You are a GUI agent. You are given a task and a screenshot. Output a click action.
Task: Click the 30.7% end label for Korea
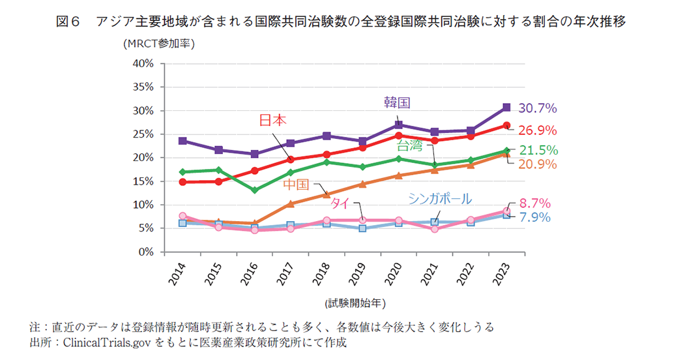(x=538, y=108)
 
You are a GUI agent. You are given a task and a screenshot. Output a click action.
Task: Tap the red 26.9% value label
(x=538, y=130)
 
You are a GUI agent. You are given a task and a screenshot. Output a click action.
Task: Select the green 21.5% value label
(x=538, y=150)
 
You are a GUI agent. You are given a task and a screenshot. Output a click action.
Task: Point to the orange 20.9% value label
(x=538, y=164)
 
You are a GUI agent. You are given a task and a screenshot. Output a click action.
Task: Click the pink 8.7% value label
(x=535, y=203)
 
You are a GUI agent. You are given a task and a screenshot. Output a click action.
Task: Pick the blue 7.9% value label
(x=535, y=217)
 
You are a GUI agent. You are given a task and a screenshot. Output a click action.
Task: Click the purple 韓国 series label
(x=397, y=102)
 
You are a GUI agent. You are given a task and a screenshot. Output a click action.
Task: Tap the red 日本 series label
(x=273, y=120)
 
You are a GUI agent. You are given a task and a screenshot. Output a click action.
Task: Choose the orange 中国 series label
(x=297, y=185)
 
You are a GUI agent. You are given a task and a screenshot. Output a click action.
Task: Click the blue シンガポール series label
(x=439, y=199)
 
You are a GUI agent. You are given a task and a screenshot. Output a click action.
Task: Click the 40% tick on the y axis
(x=142, y=63)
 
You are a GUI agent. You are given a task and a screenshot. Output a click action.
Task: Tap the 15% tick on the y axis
(x=142, y=181)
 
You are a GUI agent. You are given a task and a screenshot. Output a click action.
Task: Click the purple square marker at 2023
(x=506, y=108)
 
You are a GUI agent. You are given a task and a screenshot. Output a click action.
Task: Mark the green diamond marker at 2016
(x=255, y=190)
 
